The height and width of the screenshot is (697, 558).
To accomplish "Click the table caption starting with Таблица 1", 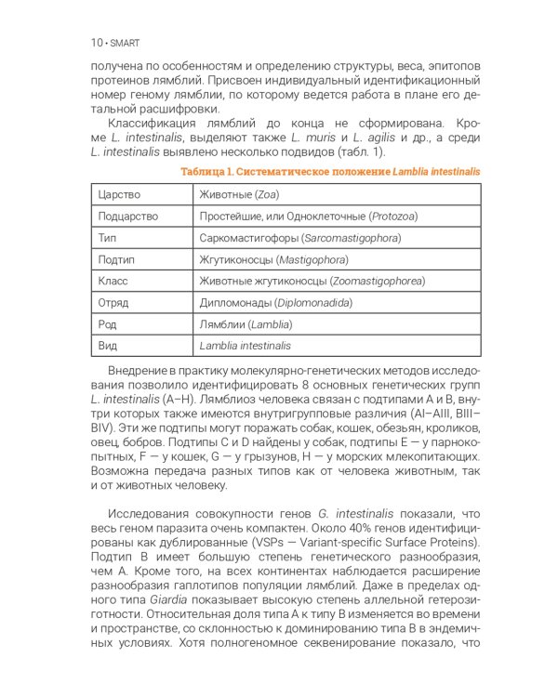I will click(330, 172).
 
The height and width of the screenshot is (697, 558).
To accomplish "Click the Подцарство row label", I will click(128, 217).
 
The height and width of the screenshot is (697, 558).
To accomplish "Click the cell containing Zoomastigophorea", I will click(311, 281).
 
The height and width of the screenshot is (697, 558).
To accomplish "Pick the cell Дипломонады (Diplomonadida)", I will click(275, 302).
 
